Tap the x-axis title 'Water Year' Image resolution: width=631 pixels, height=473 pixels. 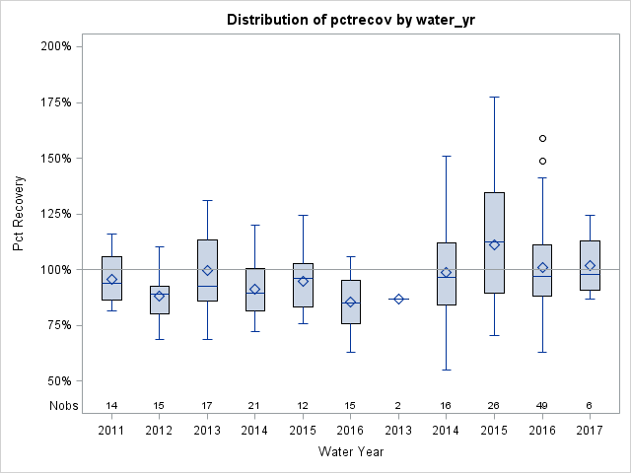pos(351,451)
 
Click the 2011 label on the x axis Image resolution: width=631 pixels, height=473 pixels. pos(111,430)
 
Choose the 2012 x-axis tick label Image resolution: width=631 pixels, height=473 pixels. pos(160,430)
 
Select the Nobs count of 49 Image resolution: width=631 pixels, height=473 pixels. pos(542,406)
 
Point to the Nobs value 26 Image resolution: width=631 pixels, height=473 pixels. pos(495,406)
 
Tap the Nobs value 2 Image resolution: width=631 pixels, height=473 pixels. pos(398,406)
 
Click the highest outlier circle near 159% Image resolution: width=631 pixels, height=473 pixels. pos(542,138)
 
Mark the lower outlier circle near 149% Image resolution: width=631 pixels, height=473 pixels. pos(542,161)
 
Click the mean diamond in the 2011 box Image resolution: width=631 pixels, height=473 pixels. pos(111,279)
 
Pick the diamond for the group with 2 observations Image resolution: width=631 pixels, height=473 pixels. pos(398,299)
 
